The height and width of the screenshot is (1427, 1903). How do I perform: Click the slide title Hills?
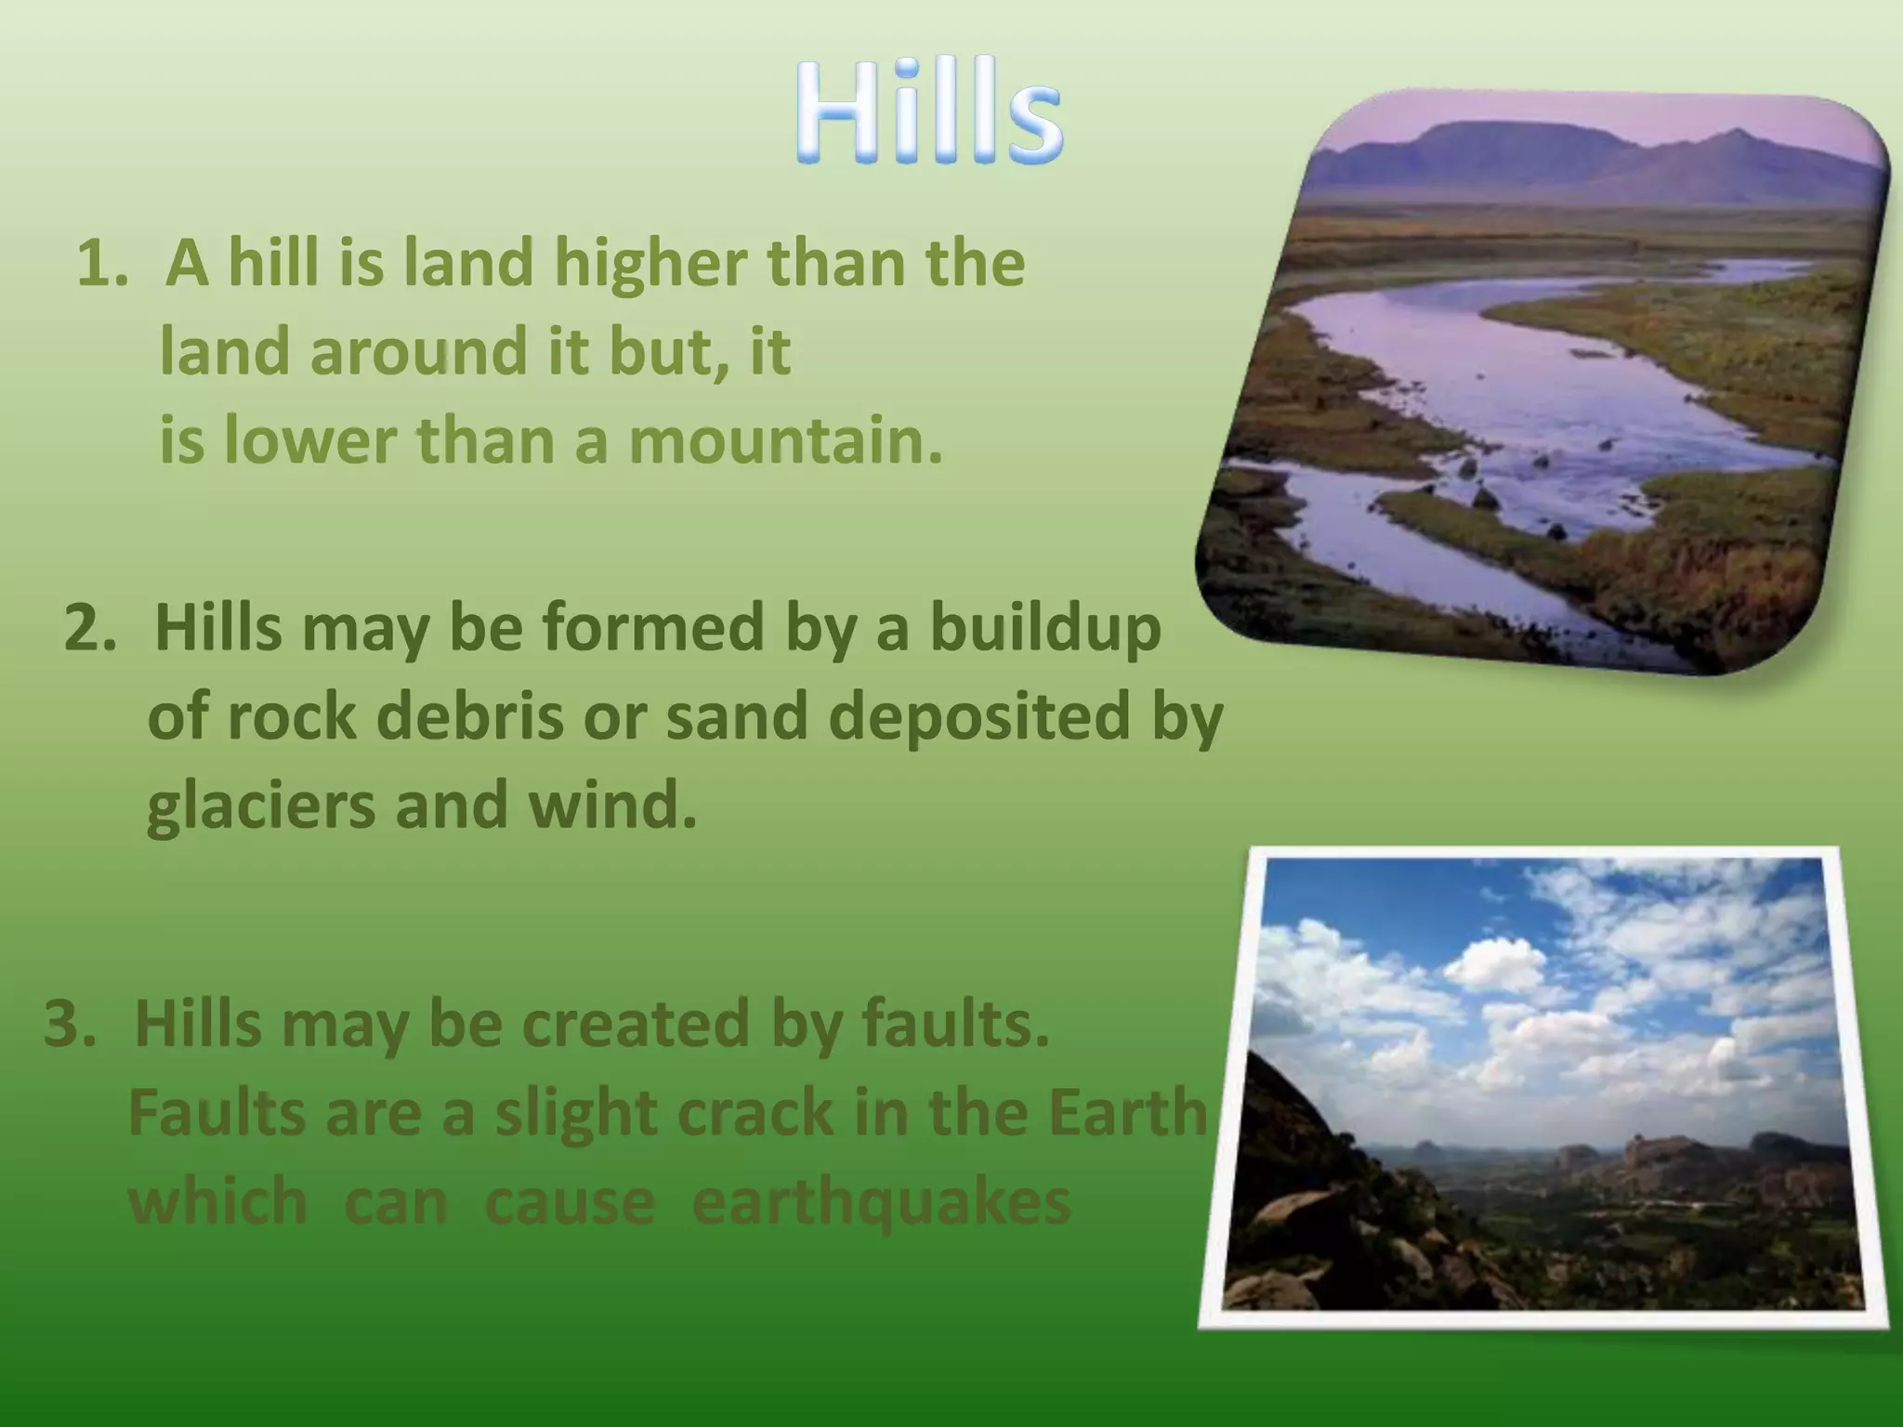(x=929, y=113)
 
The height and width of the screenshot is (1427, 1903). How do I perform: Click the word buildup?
(x=1045, y=629)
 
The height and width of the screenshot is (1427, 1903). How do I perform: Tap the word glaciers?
(x=261, y=805)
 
